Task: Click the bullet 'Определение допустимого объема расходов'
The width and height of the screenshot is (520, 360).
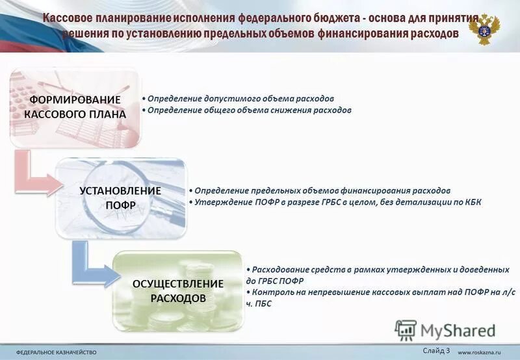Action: pyautogui.click(x=240, y=98)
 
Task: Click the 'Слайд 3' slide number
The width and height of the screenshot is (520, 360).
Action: pyautogui.click(x=436, y=350)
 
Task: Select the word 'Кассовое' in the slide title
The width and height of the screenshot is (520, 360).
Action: pyautogui.click(x=69, y=18)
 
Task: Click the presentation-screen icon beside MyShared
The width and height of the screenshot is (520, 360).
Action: pyautogui.click(x=406, y=329)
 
